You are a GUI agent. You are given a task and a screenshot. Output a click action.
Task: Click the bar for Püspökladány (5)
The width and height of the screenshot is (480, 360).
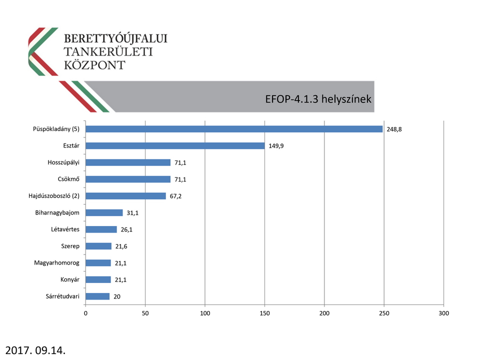[x=234, y=129]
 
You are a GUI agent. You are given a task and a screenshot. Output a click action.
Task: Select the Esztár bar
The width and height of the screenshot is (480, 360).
[x=175, y=146]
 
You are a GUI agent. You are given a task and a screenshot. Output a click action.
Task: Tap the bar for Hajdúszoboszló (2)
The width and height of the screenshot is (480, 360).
[x=125, y=196]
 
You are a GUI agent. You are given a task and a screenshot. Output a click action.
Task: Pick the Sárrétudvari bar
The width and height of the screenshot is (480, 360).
[x=97, y=296]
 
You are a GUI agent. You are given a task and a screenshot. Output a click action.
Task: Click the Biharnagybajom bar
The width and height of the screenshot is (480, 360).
[x=104, y=213]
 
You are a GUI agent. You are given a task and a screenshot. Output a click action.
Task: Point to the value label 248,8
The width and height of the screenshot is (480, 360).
[x=394, y=129]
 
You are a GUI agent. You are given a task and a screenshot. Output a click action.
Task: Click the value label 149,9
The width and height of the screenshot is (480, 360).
[x=276, y=146]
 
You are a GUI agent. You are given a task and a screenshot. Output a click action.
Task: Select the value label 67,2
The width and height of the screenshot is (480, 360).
[x=175, y=196]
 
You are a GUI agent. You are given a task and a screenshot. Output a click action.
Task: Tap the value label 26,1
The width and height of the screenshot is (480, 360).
[x=126, y=229]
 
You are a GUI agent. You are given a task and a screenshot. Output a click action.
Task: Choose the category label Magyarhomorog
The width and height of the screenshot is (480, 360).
[x=56, y=263]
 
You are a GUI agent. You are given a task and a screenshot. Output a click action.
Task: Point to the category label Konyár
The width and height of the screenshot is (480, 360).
[x=69, y=279]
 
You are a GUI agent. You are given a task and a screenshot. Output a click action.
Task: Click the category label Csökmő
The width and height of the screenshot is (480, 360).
[x=68, y=179]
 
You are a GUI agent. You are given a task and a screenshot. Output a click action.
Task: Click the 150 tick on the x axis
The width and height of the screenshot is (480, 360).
[x=265, y=313]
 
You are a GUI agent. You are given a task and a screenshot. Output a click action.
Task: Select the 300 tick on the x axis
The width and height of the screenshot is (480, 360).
[x=443, y=313]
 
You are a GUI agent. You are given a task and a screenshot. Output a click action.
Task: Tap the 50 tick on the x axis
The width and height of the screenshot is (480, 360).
[x=145, y=313]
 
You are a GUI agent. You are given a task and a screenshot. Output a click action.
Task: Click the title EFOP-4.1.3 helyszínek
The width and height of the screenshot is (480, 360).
[x=318, y=99]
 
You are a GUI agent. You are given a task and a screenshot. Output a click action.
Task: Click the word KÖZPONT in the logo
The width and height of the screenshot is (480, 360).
[x=95, y=65]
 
